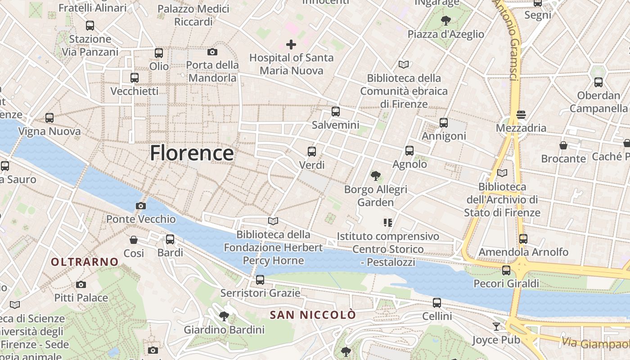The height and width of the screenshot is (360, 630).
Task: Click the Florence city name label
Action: (x=192, y=153)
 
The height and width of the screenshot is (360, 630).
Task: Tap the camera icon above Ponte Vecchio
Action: (x=140, y=206)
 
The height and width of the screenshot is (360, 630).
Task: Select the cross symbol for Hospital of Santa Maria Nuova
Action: (x=291, y=45)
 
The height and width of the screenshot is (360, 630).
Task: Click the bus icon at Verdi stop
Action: (x=312, y=152)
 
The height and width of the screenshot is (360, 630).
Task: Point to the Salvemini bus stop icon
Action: (x=335, y=112)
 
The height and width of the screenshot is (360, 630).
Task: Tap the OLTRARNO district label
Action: (x=85, y=262)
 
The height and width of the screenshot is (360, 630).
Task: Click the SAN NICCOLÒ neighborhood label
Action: (x=313, y=315)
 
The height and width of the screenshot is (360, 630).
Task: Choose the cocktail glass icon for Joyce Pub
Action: (x=496, y=326)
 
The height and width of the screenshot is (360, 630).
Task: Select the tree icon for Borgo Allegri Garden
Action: (x=375, y=176)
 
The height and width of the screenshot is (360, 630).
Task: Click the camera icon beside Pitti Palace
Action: (x=81, y=284)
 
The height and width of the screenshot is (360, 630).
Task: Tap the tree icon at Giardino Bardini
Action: (x=224, y=316)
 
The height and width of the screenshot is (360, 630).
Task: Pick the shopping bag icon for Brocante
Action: (x=563, y=145)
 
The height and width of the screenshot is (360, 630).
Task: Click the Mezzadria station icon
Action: (x=521, y=115)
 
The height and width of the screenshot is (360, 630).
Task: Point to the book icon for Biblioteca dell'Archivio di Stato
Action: (x=502, y=173)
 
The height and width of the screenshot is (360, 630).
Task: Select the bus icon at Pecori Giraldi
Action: (x=506, y=270)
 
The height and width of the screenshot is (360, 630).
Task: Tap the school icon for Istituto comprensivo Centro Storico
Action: (x=388, y=223)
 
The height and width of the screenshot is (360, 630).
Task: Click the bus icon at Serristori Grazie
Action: (x=260, y=280)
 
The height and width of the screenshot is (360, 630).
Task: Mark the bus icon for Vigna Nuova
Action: (x=49, y=118)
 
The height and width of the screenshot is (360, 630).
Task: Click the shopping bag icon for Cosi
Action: (x=134, y=240)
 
